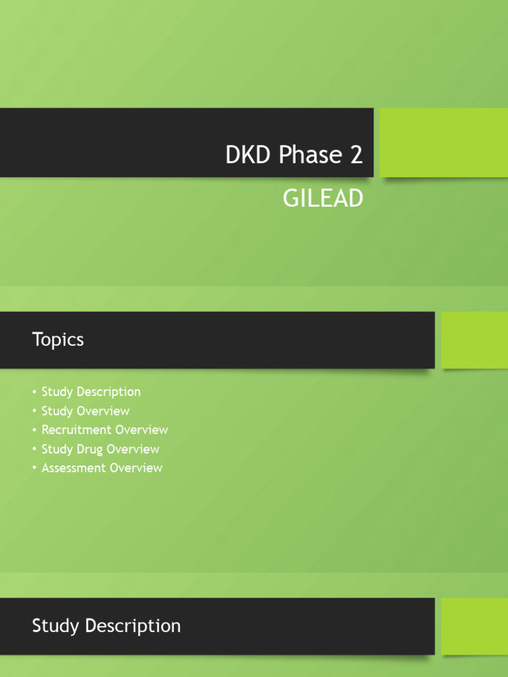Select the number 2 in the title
pyautogui.click(x=356, y=155)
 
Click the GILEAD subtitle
pyautogui.click(x=323, y=198)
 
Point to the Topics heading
pyautogui.click(x=58, y=340)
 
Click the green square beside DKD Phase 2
pyautogui.click(x=444, y=143)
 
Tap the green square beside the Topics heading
pyautogui.click(x=474, y=340)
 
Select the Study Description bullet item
pyautogui.click(x=91, y=392)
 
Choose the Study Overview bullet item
pyautogui.click(x=85, y=411)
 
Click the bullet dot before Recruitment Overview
pyautogui.click(x=34, y=430)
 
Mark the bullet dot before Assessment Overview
pyautogui.click(x=34, y=469)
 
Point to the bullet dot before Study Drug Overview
pyautogui.click(x=34, y=450)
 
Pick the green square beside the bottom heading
pyautogui.click(x=474, y=626)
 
